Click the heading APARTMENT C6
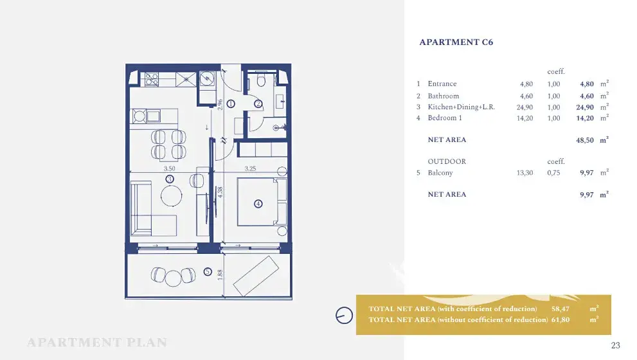coord(456,42)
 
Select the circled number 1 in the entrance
coord(231,104)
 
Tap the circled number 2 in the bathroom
coord(258,104)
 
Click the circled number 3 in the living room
coord(170,179)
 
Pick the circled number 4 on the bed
coord(258,204)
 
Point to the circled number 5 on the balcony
coord(208,271)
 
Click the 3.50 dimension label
coord(170,168)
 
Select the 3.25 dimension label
coord(250,168)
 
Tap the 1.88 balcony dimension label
coord(220,275)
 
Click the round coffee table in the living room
coord(171,195)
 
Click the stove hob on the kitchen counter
coord(152,79)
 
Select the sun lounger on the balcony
coord(256,276)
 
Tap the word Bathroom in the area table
coord(444,96)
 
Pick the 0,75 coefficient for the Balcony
coord(553,173)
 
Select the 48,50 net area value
coord(584,140)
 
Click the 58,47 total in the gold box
coord(561,309)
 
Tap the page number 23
coord(616,345)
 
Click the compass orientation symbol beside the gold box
coord(344,315)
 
